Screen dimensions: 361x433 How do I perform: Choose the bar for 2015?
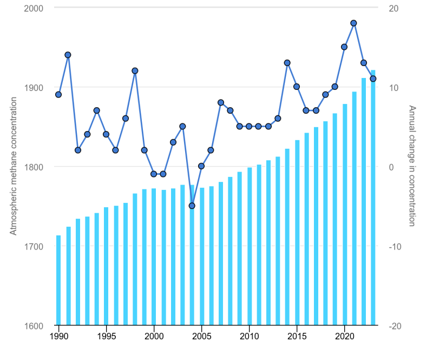pyautogui.click(x=297, y=233)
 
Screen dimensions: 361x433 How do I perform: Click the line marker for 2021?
pyautogui.click(x=354, y=23)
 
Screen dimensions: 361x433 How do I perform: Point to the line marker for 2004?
pyautogui.click(x=192, y=206)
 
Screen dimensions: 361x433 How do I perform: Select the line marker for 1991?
pyautogui.click(x=68, y=55)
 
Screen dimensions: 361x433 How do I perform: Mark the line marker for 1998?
pyautogui.click(x=135, y=71)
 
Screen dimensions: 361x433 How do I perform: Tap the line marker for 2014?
pyautogui.click(x=287, y=63)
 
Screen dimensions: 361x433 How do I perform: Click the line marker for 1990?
pyautogui.click(x=58, y=95)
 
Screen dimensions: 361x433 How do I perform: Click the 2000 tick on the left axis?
pyautogui.click(x=34, y=8)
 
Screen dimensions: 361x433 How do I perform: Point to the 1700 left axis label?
pyautogui.click(x=34, y=246)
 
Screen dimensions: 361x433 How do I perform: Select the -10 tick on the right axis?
pyautogui.click(x=394, y=246)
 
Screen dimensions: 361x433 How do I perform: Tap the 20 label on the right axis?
pyautogui.click(x=393, y=8)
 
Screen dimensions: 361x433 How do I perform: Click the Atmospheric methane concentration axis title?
pyautogui.click(x=14, y=166)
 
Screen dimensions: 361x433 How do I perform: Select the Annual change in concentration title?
pyautogui.click(x=412, y=166)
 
